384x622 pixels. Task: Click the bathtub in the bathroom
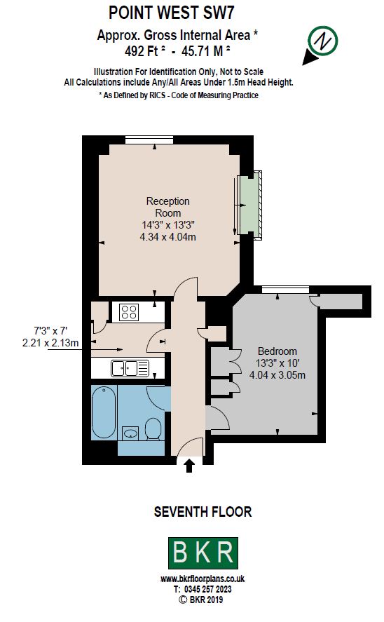[104, 412]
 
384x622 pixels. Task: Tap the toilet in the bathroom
[153, 429]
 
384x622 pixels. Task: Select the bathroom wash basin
[130, 433]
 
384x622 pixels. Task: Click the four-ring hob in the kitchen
[130, 312]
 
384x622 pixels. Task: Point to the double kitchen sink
[130, 368]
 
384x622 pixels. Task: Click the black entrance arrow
[189, 466]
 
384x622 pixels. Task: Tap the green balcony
[250, 205]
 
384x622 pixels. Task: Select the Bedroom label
[277, 351]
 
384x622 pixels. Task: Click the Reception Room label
[168, 207]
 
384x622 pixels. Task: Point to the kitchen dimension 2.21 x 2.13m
[50, 343]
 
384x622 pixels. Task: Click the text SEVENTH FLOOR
[203, 512]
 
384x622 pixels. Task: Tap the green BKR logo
[203, 553]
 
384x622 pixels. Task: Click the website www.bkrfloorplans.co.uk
[203, 579]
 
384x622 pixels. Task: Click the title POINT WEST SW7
[171, 13]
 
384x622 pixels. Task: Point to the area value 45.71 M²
[207, 51]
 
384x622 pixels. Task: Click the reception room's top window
[149, 140]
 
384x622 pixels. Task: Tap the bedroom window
[285, 290]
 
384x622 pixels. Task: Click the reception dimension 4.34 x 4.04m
[168, 237]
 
